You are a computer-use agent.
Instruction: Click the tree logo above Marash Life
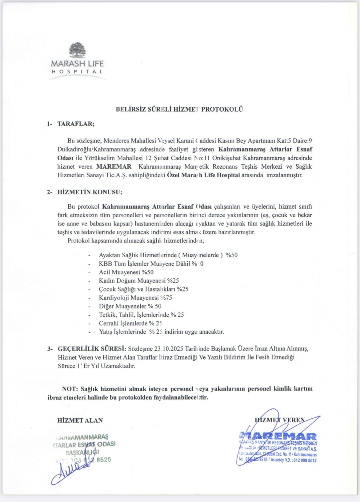pyautogui.click(x=78, y=50)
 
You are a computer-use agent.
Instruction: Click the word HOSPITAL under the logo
pyautogui.click(x=77, y=71)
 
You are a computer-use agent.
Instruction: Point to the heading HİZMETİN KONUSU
pyautogui.click(x=90, y=192)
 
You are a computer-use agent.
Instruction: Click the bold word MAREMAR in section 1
pyautogui.click(x=114, y=167)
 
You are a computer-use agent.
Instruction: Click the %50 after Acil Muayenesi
pyautogui.click(x=147, y=272)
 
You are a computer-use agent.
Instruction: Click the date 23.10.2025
pyautogui.click(x=169, y=349)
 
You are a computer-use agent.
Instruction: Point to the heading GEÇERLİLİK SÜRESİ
pyautogui.click(x=92, y=349)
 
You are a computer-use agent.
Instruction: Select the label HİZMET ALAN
pyautogui.click(x=80, y=420)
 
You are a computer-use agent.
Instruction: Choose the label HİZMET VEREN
pyautogui.click(x=280, y=420)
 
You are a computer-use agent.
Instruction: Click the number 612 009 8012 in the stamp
pyautogui.click(x=305, y=460)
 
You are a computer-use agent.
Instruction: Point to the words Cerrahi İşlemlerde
pyautogui.click(x=123, y=323)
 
